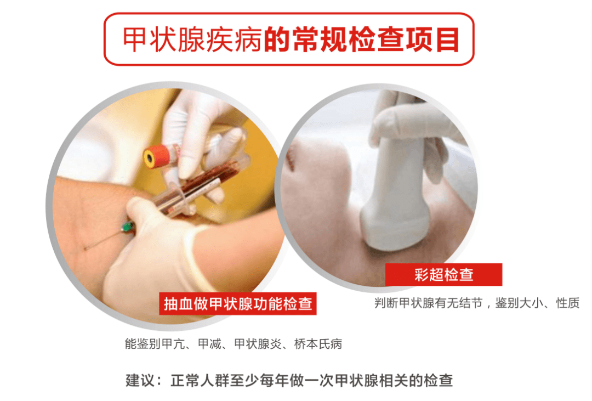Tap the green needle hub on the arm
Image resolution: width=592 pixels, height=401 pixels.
coord(128,227)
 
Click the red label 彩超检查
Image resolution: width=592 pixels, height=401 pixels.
coord(443,274)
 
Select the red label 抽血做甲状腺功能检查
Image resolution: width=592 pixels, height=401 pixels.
coord(238,303)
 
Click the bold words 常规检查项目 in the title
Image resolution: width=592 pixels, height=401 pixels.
coord(361,39)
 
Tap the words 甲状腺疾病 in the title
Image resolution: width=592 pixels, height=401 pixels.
coord(192,39)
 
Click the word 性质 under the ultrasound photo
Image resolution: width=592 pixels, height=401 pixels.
coord(567,303)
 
